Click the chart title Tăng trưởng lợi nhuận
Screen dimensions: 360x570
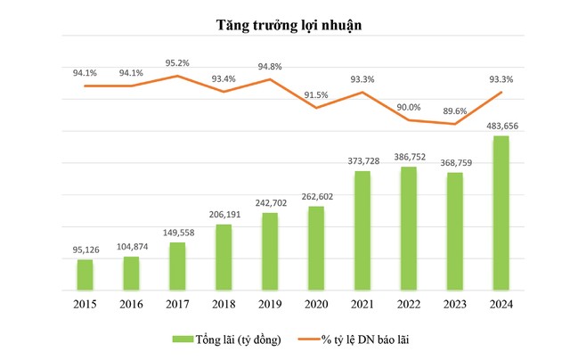coord(285,25)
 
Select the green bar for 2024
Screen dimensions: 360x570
coord(501,214)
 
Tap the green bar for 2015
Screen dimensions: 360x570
coord(85,274)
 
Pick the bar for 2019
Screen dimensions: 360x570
coord(270,252)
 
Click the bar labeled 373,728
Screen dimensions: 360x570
coord(362,231)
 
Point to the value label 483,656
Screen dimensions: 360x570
coord(501,126)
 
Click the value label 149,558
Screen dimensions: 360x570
coord(177,232)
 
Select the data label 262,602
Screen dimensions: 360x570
coord(316,197)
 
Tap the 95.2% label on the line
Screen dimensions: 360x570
coord(177,63)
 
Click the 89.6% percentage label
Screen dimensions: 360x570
coord(455,111)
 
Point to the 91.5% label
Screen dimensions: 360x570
coord(316,95)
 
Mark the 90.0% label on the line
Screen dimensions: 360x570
coord(409,107)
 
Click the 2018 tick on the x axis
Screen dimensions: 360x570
coord(224,304)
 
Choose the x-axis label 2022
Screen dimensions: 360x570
coord(409,304)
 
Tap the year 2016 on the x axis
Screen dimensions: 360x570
coord(131,304)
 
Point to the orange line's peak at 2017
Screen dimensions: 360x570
coord(177,76)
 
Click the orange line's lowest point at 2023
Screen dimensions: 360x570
coord(455,124)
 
